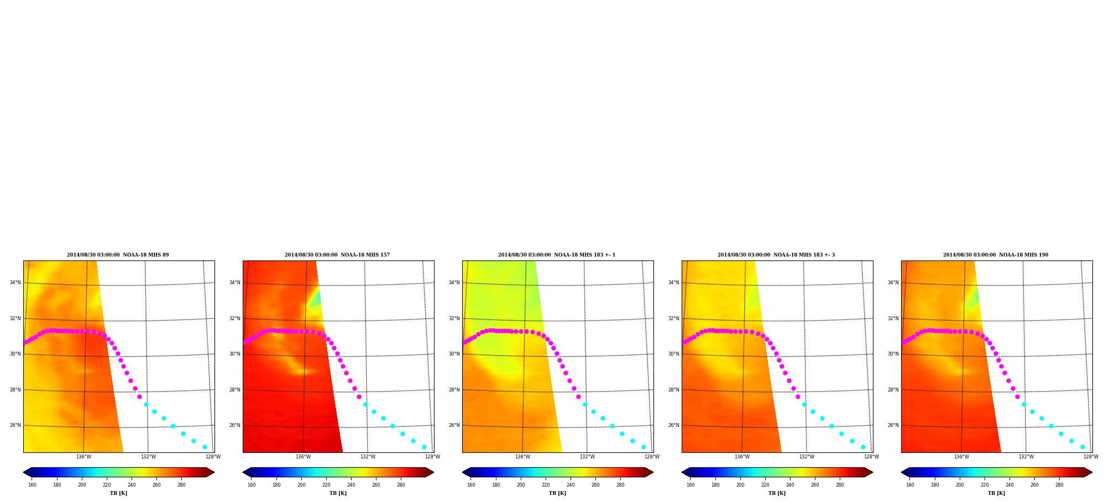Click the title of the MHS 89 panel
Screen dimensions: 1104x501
(x=118, y=255)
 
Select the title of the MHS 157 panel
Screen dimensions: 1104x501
(x=337, y=255)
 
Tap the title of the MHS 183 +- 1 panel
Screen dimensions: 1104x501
(x=557, y=255)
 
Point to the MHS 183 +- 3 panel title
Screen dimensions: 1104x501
(x=776, y=255)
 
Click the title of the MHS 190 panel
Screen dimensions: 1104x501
(x=996, y=255)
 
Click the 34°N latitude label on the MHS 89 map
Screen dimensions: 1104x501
(x=15, y=283)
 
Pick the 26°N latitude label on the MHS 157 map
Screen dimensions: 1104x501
(x=234, y=425)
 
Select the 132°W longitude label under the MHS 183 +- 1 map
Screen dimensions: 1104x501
(x=587, y=457)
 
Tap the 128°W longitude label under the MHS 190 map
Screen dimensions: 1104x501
(x=1091, y=457)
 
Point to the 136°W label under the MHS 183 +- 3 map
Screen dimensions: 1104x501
(x=742, y=457)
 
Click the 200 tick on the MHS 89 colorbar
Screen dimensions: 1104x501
(x=82, y=485)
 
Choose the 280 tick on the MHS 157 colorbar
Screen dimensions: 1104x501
(x=401, y=485)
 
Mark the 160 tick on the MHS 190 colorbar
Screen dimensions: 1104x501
(x=910, y=485)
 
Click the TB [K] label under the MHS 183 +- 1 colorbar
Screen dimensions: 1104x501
(x=557, y=493)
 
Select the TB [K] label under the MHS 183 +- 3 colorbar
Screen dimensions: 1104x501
(x=777, y=493)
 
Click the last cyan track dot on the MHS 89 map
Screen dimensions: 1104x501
(x=205, y=447)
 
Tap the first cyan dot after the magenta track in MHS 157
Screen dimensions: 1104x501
(x=365, y=404)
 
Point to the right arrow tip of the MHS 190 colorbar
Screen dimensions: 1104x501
(x=1092, y=472)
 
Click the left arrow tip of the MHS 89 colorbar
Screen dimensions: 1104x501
(x=23, y=472)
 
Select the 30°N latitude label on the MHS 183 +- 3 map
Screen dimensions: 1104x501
(x=673, y=354)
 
